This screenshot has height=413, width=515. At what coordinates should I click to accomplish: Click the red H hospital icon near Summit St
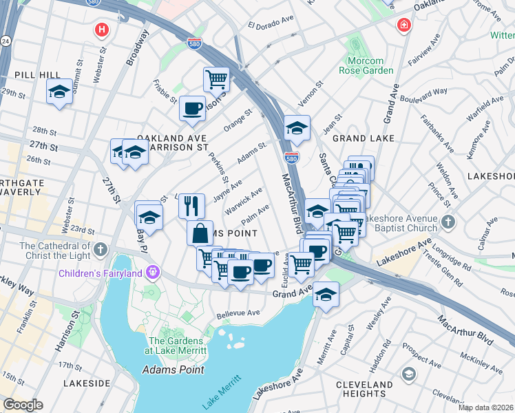(x=102, y=30)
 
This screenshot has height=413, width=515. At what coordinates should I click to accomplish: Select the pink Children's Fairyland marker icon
(x=153, y=273)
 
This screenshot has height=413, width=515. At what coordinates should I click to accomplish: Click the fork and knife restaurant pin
(x=191, y=205)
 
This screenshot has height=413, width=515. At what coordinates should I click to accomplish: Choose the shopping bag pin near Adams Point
(x=200, y=233)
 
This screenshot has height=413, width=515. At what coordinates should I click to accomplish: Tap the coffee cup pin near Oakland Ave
(x=192, y=108)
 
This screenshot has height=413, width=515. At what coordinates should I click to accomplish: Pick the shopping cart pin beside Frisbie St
(x=216, y=79)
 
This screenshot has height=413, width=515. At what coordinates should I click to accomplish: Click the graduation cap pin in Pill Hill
(x=60, y=92)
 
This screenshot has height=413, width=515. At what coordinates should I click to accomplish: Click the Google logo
(x=23, y=405)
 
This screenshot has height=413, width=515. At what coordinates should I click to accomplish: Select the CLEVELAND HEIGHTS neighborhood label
(x=369, y=389)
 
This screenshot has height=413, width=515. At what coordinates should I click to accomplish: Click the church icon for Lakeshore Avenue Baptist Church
(x=448, y=222)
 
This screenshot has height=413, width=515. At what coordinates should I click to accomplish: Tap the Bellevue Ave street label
(x=238, y=313)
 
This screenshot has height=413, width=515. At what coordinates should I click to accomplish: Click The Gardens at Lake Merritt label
(x=178, y=346)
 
